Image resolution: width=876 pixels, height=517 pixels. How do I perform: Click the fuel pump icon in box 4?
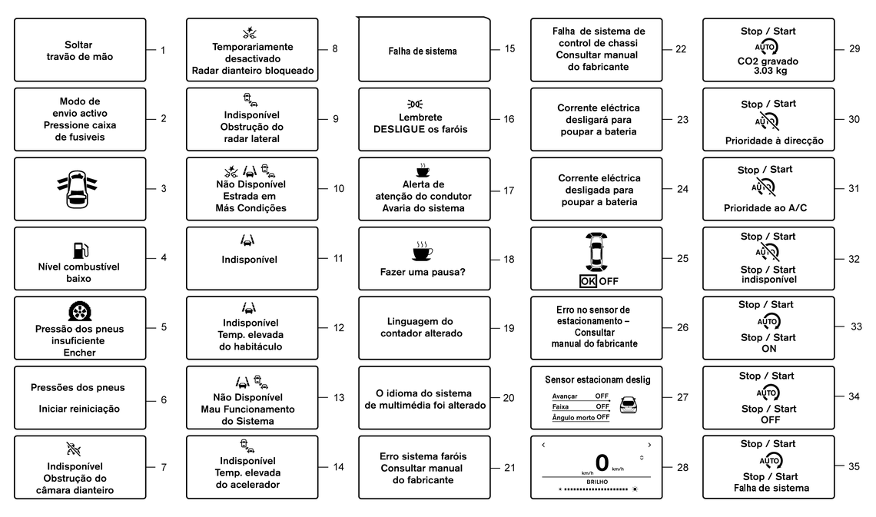(x=81, y=250)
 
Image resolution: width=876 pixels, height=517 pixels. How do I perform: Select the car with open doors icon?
(x=77, y=189)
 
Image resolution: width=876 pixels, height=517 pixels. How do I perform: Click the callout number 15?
(x=509, y=49)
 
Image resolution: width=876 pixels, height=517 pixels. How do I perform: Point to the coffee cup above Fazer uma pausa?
(x=423, y=252)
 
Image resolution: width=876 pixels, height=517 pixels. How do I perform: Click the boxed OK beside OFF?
(x=588, y=281)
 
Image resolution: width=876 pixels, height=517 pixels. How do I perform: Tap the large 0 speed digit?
(x=602, y=463)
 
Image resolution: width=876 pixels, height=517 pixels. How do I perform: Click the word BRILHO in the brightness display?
(x=597, y=482)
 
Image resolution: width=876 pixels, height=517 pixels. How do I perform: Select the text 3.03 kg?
(x=770, y=71)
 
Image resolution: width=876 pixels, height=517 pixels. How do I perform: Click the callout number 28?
(x=682, y=468)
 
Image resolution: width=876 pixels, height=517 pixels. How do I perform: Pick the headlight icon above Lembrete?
(x=415, y=104)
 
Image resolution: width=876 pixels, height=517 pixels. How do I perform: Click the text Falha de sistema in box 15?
(x=423, y=51)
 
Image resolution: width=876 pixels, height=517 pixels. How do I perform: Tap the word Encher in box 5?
(x=79, y=353)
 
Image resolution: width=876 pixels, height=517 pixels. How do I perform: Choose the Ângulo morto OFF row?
(x=580, y=418)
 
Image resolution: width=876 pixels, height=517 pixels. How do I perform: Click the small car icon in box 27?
(x=629, y=404)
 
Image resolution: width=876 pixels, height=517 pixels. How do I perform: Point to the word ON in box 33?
(x=768, y=349)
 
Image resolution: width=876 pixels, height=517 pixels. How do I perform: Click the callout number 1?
(x=163, y=51)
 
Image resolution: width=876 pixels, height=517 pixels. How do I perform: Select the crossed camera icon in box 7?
(x=74, y=449)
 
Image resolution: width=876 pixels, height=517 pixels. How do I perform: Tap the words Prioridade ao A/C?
(x=765, y=208)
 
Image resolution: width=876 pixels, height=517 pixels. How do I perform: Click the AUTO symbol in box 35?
(x=770, y=461)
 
